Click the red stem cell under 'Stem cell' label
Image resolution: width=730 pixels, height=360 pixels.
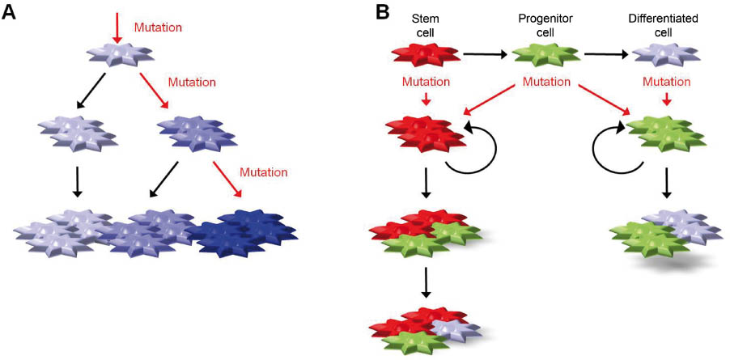tap(426, 56)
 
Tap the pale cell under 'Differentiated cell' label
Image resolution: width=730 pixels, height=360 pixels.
tap(666, 56)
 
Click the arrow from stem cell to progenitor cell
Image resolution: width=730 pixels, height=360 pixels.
tap(485, 55)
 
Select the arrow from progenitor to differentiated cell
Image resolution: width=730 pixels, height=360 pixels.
tap(606, 55)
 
